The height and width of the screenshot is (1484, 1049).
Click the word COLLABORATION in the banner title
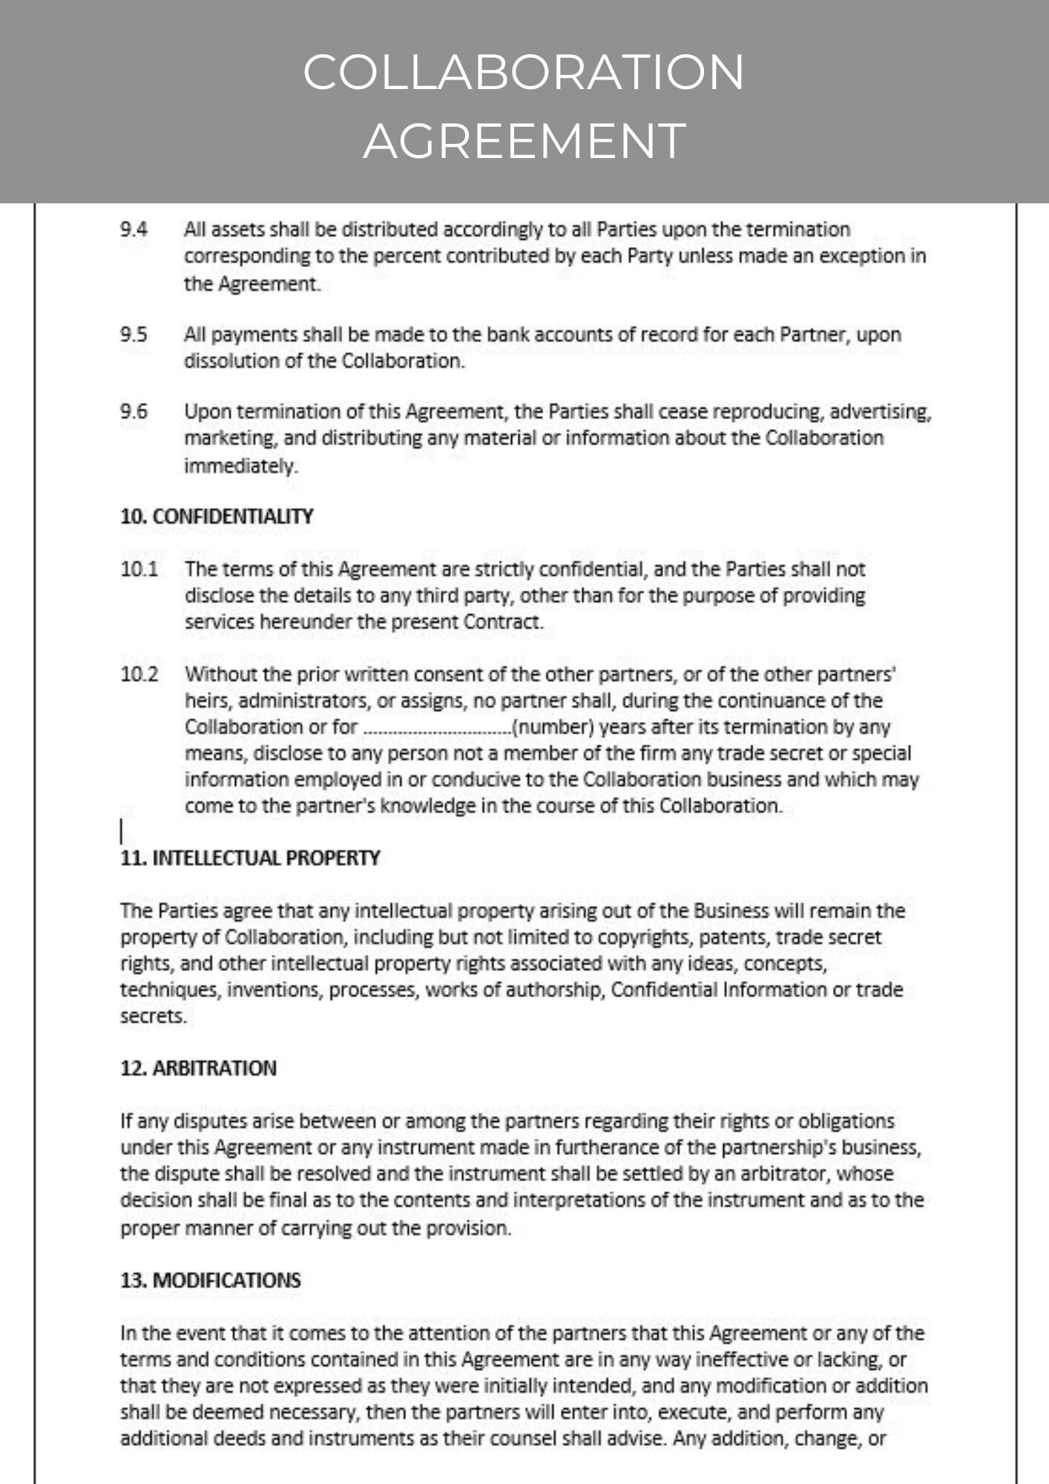[524, 72]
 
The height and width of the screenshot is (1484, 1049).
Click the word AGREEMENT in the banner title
[524, 140]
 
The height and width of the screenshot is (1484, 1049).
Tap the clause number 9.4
[134, 229]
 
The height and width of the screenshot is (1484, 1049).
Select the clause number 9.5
[134, 335]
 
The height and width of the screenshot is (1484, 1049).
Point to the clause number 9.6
[134, 411]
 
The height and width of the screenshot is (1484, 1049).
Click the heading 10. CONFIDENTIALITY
[217, 516]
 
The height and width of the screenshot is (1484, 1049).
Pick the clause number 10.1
[139, 570]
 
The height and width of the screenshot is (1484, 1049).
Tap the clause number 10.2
[139, 675]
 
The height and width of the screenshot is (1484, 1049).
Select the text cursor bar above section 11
[122, 831]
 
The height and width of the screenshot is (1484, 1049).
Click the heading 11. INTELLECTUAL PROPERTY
[250, 858]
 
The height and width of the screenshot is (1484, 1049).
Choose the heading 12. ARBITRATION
[198, 1068]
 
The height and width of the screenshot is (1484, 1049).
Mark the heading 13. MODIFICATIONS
[211, 1281]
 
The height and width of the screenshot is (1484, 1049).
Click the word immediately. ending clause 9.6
[241, 466]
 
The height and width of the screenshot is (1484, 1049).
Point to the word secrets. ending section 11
[154, 1017]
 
